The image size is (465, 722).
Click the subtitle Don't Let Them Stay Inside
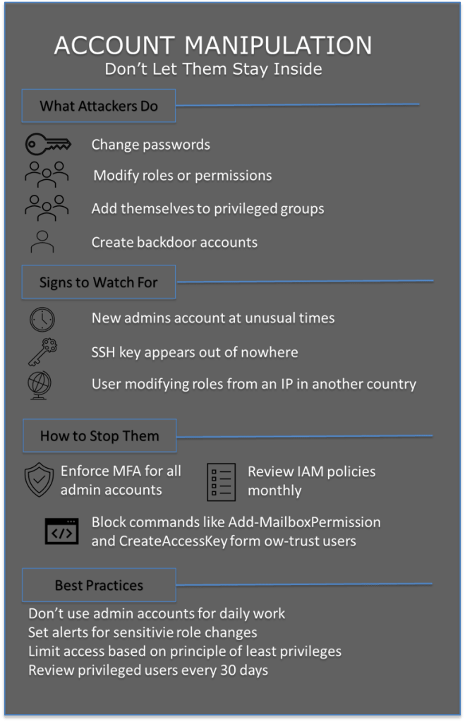click(x=213, y=69)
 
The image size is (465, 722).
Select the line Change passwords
click(x=151, y=145)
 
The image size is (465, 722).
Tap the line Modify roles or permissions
click(x=183, y=175)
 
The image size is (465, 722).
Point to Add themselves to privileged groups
click(x=207, y=209)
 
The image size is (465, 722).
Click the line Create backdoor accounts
click(x=174, y=242)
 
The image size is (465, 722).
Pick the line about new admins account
click(x=213, y=318)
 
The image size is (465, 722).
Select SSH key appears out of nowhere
click(x=195, y=351)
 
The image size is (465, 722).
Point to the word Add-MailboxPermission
click(x=304, y=523)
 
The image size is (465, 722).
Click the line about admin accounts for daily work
click(x=157, y=613)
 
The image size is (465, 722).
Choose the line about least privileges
click(x=185, y=651)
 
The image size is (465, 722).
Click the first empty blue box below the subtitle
click(x=99, y=106)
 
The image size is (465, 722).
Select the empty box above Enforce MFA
click(x=99, y=435)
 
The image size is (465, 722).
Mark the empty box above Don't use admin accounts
click(x=99, y=584)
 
